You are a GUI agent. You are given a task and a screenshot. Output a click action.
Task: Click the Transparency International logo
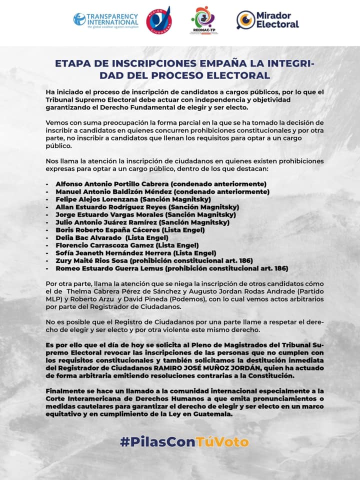pyautogui.click(x=105, y=20)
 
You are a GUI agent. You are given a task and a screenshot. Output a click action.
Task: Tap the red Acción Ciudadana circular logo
pyautogui.click(x=158, y=19)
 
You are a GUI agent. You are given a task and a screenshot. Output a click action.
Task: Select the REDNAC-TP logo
pyautogui.click(x=204, y=20)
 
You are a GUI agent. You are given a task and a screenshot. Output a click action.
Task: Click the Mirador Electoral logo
pyautogui.click(x=267, y=20)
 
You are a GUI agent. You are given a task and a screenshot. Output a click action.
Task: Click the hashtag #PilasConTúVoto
pyautogui.click(x=184, y=442)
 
